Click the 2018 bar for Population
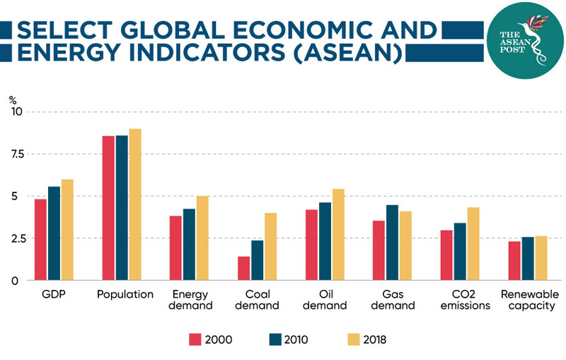tap(135, 204)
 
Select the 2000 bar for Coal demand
tap(243, 268)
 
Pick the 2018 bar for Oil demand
tap(339, 234)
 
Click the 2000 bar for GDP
tap(41, 240)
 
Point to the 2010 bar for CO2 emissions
tap(460, 252)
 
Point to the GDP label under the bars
tap(53, 295)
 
